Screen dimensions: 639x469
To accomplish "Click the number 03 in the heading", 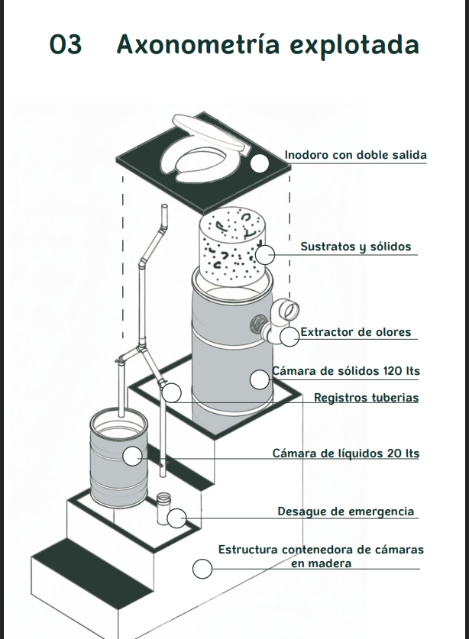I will coord(65,44).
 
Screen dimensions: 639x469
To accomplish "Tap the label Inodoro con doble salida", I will coord(355,155).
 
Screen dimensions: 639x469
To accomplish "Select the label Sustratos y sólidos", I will coord(355,247).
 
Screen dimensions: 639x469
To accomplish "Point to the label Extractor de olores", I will coord(355,332).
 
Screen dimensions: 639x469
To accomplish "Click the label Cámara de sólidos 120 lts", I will coord(346,372).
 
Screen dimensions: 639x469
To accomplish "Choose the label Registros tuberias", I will coord(366,398).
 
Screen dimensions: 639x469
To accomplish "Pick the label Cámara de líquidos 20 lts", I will coord(346,453).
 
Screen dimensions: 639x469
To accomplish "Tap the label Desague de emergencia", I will coord(345,512).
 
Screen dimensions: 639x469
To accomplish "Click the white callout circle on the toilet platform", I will coord(260,163).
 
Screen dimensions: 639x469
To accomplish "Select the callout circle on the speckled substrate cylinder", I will coord(265,255).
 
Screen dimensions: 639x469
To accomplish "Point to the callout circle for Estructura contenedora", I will coord(202,569).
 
